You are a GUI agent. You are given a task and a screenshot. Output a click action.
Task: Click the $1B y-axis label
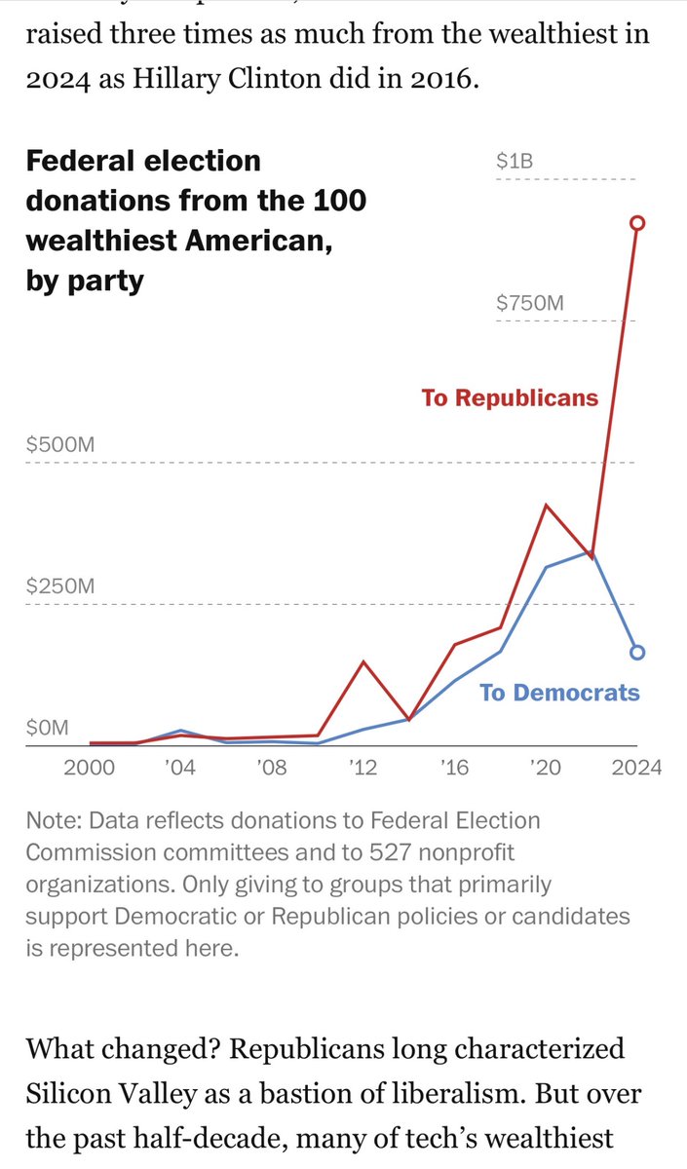[515, 161]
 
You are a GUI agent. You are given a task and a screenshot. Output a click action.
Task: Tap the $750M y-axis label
[530, 303]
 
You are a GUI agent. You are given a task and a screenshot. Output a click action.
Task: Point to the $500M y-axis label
[60, 445]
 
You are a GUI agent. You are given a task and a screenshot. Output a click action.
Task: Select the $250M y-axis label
[60, 586]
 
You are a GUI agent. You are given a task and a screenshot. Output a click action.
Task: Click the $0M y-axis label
[48, 728]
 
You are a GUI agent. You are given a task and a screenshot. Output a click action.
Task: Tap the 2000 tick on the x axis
[89, 768]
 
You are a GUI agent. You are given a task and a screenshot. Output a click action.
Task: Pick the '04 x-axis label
[179, 768]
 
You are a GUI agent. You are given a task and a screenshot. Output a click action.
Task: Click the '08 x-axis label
[271, 768]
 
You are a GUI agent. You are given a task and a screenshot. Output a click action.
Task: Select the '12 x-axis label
[363, 768]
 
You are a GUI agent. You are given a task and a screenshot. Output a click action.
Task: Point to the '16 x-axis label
[454, 768]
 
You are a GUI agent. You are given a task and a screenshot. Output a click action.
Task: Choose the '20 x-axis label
[546, 768]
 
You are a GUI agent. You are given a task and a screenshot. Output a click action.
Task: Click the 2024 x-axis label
[637, 768]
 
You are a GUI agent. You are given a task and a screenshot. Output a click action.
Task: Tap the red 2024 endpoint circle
[637, 223]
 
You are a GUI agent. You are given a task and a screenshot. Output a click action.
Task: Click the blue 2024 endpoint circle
[637, 653]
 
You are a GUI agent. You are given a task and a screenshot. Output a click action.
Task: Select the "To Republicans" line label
[510, 397]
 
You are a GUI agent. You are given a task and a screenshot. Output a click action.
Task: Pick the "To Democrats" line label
[559, 693]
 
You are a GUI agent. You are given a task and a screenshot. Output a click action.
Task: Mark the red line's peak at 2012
[363, 662]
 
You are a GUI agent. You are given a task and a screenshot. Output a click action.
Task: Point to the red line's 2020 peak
[546, 506]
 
